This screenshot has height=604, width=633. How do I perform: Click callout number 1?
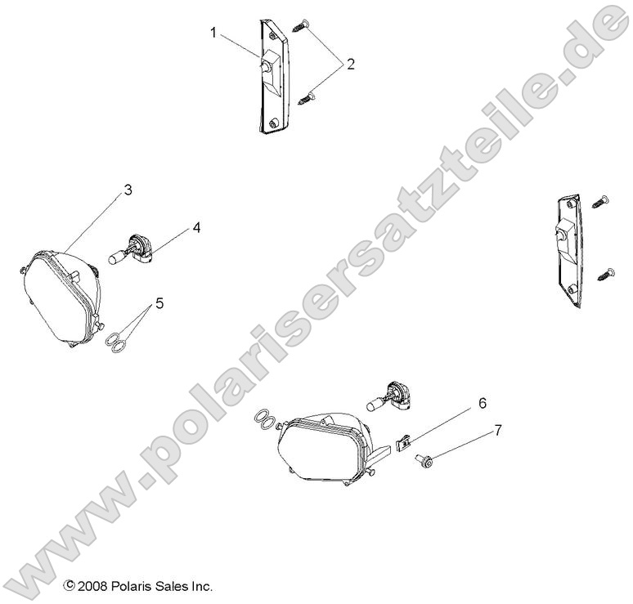pos(213,34)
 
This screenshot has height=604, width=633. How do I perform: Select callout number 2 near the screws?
pos(350,64)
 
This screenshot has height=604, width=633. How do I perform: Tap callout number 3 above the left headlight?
pos(128,190)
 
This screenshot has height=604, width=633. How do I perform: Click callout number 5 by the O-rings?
pos(159,303)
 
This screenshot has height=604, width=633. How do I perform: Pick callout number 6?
pos(482,403)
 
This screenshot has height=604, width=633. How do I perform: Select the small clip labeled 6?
pos(402,444)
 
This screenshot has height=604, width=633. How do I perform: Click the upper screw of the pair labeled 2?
pos(303,25)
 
